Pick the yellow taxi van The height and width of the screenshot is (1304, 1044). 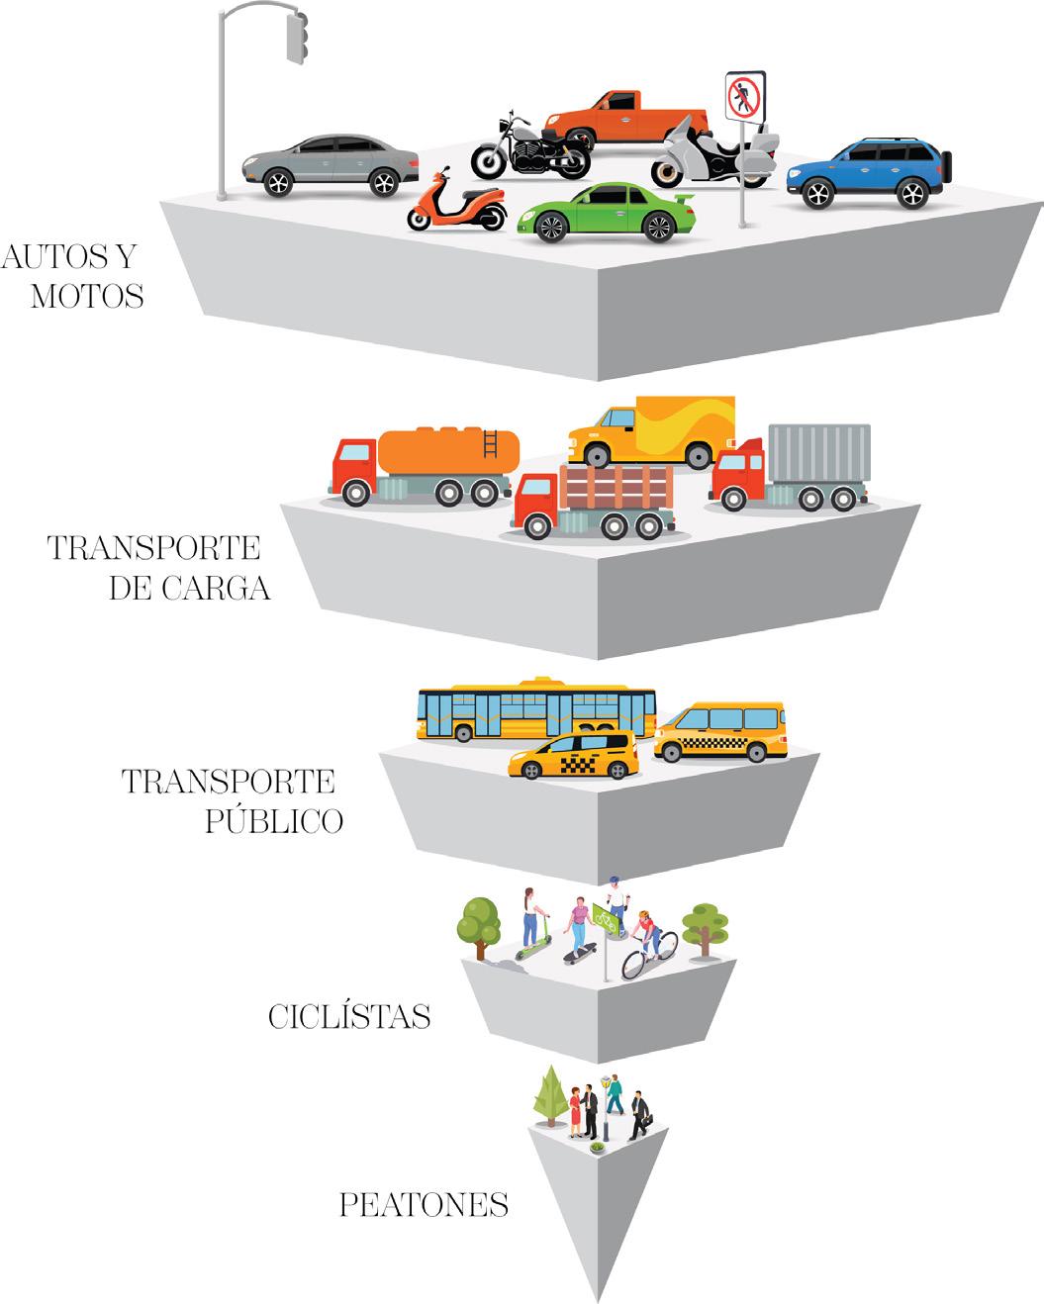(x=719, y=731)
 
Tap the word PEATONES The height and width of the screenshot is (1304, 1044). (x=424, y=1205)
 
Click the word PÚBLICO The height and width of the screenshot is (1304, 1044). (x=274, y=821)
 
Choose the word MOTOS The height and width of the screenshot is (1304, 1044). (x=87, y=296)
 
